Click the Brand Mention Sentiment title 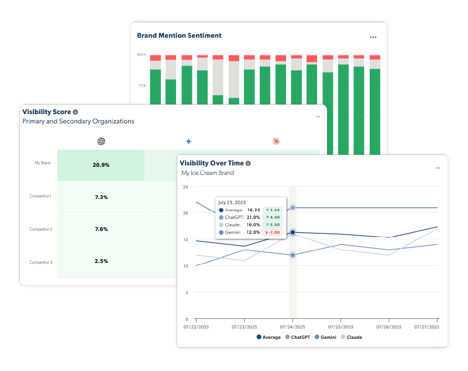click(x=179, y=35)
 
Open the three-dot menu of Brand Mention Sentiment click(x=373, y=36)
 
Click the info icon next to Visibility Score click(x=75, y=111)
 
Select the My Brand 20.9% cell click(x=101, y=165)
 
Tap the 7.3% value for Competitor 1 click(x=101, y=197)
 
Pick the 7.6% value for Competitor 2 click(x=101, y=229)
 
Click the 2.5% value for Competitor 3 click(x=101, y=261)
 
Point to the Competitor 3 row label click(x=40, y=262)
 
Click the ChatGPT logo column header click(x=101, y=141)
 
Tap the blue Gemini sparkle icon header click(x=188, y=141)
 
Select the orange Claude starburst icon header click(x=276, y=141)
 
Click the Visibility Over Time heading click(x=212, y=163)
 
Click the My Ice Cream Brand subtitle click(x=207, y=173)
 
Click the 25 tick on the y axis click(x=185, y=187)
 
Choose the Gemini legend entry click(x=326, y=337)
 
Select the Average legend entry click(x=269, y=337)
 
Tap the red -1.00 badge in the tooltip click(x=272, y=232)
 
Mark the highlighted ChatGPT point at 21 click(x=292, y=208)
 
